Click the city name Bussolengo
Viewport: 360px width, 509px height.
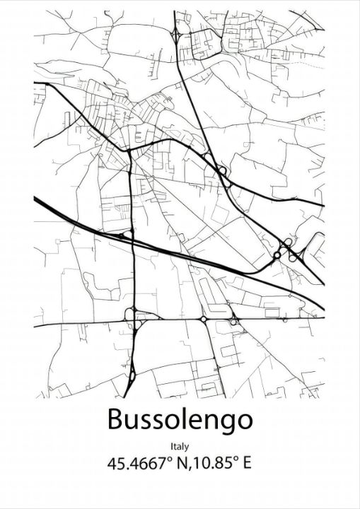(180, 419)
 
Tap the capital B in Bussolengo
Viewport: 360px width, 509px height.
(116, 419)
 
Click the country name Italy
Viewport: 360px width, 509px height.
(180, 446)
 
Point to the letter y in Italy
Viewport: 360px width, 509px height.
(187, 447)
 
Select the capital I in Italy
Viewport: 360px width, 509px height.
(172, 446)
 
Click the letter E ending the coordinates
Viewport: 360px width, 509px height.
(247, 464)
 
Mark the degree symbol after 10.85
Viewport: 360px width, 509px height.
(235, 460)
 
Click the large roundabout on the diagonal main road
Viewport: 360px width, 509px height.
(222, 170)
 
